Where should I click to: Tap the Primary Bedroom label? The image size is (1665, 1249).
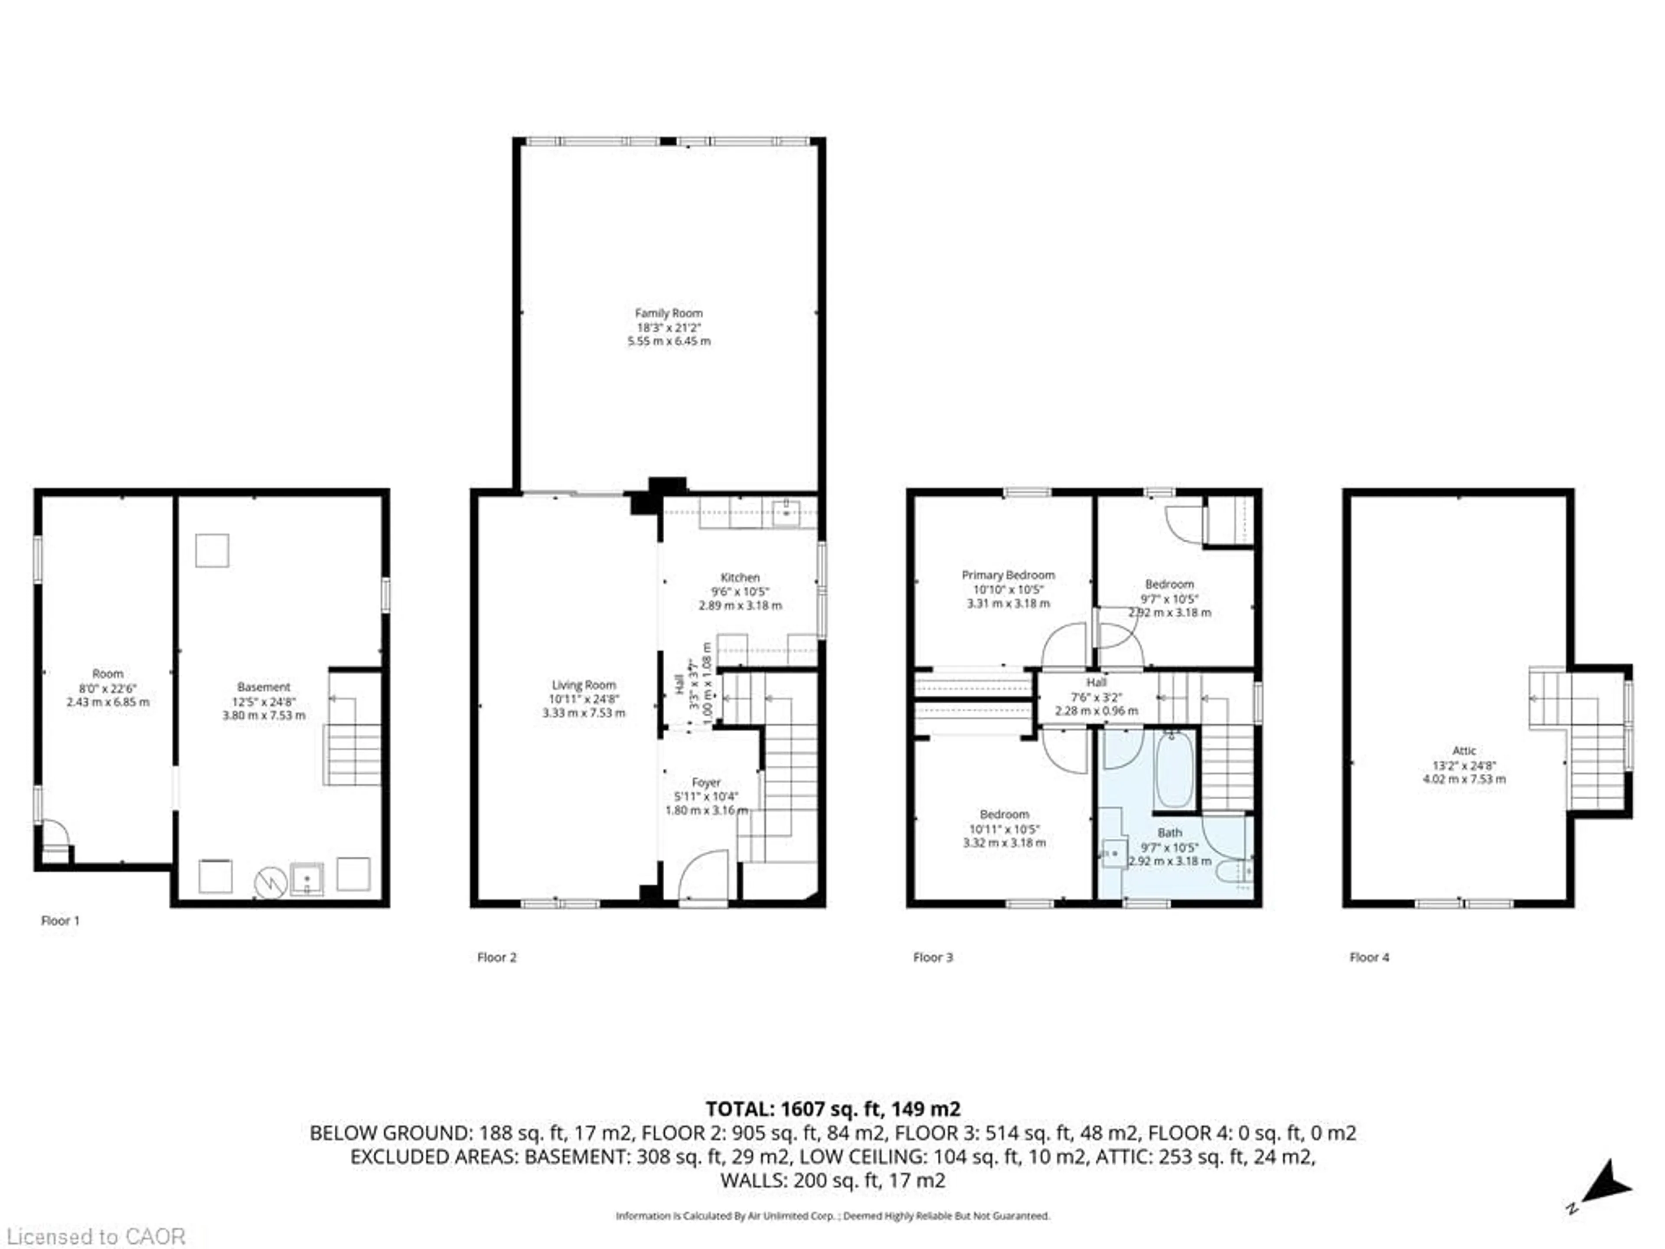coord(1008,575)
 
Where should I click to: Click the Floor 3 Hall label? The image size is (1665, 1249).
coord(1096,682)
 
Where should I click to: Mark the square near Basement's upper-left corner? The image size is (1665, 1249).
coord(212,550)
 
